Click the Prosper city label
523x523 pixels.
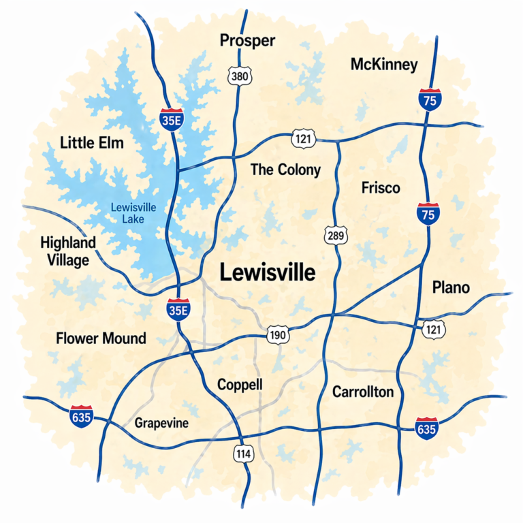248,41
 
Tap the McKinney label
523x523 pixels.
384,65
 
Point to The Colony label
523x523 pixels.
285,170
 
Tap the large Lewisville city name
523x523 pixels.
268,274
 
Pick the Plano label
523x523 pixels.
451,288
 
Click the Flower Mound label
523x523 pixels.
101,338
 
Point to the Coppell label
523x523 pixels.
240,385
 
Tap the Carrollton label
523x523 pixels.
363,392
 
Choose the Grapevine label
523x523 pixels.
161,424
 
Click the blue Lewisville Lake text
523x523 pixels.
129,212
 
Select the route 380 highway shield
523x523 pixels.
240,76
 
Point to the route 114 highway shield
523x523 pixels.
243,453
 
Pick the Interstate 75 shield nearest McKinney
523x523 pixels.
428,99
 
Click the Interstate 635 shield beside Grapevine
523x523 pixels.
81,415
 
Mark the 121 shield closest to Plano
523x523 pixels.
434,330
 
